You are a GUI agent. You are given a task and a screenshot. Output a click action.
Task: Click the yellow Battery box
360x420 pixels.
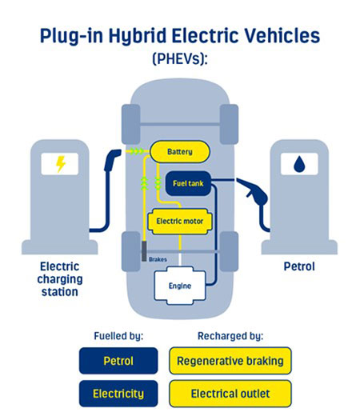point(180,152)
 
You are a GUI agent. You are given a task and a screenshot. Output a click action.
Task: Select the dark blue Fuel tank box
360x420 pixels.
point(188,183)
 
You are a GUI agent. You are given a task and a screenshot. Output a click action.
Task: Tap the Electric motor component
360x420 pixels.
point(180,222)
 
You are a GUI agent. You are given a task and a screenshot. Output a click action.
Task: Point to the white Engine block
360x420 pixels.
point(180,286)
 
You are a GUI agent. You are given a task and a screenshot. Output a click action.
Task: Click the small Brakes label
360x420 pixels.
point(158,259)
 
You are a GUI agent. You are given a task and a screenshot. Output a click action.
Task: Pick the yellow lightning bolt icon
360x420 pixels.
point(61,164)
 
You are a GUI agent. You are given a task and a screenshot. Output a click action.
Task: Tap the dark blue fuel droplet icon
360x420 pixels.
point(299,164)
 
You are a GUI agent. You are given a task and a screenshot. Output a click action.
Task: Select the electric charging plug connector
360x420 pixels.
point(112,160)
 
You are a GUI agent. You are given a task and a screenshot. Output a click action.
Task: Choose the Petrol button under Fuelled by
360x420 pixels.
point(118,361)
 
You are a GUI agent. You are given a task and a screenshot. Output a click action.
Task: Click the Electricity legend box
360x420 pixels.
point(118,394)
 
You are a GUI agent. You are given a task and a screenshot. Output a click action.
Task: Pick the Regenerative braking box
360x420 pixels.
point(230,361)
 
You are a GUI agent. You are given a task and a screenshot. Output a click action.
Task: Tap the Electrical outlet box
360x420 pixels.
point(230,394)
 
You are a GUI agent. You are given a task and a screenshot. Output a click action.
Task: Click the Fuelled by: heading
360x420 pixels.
point(118,336)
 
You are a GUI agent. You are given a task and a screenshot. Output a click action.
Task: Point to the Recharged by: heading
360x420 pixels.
point(230,336)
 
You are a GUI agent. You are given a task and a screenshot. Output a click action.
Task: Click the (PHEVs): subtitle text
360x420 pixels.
point(180,58)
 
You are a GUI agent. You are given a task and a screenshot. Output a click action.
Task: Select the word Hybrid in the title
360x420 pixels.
point(138,36)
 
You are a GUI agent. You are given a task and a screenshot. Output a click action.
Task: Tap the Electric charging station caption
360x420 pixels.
point(60,279)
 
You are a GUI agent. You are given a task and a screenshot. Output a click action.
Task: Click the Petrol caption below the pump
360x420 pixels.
point(299,266)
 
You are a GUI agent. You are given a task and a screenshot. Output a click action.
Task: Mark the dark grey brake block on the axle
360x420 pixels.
point(144,251)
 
